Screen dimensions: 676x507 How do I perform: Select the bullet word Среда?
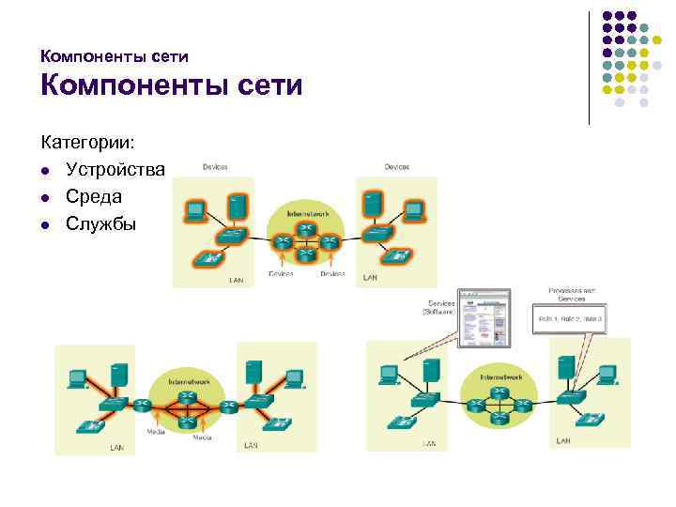pos(94,197)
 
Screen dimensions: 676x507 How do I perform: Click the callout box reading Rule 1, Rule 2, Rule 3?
pos(570,319)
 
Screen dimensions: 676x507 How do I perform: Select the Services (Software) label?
pos(440,308)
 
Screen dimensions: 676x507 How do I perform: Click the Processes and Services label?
pos(571,294)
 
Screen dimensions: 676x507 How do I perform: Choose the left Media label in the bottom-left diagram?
pos(156,432)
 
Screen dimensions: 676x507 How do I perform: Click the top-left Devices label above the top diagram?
pos(215,167)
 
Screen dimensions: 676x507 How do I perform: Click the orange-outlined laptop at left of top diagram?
pos(195,210)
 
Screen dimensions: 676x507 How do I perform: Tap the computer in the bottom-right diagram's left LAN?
pos(390,375)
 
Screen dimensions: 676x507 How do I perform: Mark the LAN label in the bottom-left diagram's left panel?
pos(116,447)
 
